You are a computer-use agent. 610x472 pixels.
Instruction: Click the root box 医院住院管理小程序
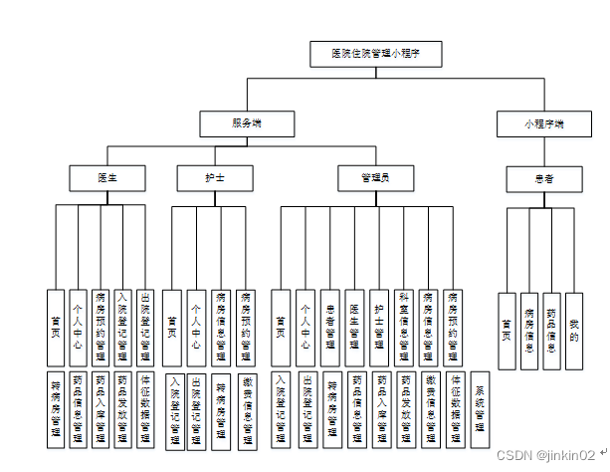tap(373, 54)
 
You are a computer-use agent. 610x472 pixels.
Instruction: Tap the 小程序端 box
tap(543, 123)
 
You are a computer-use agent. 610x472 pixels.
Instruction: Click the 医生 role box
tap(107, 178)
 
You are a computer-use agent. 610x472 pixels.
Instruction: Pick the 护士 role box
tap(214, 178)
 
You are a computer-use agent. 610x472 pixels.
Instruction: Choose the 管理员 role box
tap(374, 178)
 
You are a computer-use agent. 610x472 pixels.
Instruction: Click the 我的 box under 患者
tap(574, 331)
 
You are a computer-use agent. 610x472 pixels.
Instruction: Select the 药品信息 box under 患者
tap(552, 331)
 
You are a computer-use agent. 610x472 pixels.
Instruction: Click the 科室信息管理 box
tap(404, 325)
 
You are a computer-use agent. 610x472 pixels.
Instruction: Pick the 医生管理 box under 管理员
tap(355, 325)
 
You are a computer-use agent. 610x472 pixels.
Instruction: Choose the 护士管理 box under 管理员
tap(379, 325)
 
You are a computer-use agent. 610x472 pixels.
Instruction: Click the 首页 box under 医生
tap(56, 325)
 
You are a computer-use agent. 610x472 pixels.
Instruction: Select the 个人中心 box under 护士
tap(197, 325)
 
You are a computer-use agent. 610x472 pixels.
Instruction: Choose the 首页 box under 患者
tap(508, 331)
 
